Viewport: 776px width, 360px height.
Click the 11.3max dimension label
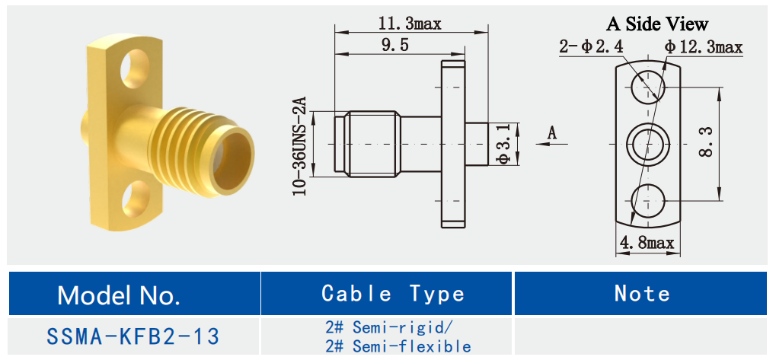(410, 24)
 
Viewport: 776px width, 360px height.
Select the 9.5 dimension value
(394, 46)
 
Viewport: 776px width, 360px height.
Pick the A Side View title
(656, 24)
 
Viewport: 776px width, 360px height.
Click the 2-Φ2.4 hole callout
(591, 47)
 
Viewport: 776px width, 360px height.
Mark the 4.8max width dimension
(647, 244)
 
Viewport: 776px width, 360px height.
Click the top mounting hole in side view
(648, 84)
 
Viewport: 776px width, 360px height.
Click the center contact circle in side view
(648, 143)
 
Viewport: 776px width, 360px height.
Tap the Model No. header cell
(120, 295)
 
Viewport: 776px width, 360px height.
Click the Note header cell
(642, 294)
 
